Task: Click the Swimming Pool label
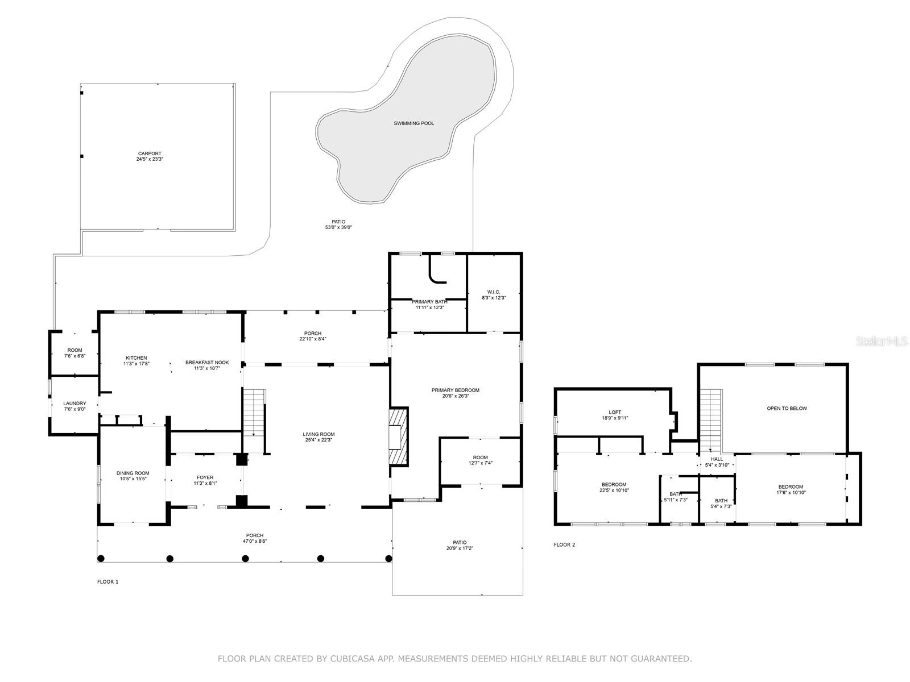tap(413, 123)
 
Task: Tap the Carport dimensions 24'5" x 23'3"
tap(150, 159)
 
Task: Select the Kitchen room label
tap(136, 358)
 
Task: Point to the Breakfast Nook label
tap(207, 363)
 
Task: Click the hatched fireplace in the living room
tap(399, 436)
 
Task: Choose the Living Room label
tap(318, 434)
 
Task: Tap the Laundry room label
tap(75, 404)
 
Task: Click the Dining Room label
tap(133, 473)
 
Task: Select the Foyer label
tap(205, 477)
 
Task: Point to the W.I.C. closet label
tap(494, 292)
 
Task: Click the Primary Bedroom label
tap(455, 390)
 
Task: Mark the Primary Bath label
tap(429, 302)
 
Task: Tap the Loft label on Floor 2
tap(615, 412)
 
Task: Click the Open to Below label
tap(787, 408)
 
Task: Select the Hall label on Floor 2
tap(717, 459)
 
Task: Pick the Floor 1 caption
tap(108, 582)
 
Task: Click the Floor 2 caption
tap(564, 544)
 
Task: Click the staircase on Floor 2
tap(711, 421)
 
